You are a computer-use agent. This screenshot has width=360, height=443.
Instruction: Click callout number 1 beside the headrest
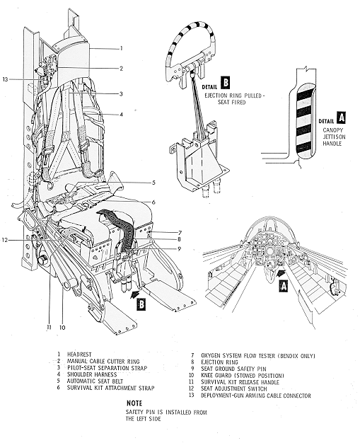tap(121, 49)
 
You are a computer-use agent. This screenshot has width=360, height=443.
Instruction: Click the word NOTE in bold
tap(126, 402)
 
